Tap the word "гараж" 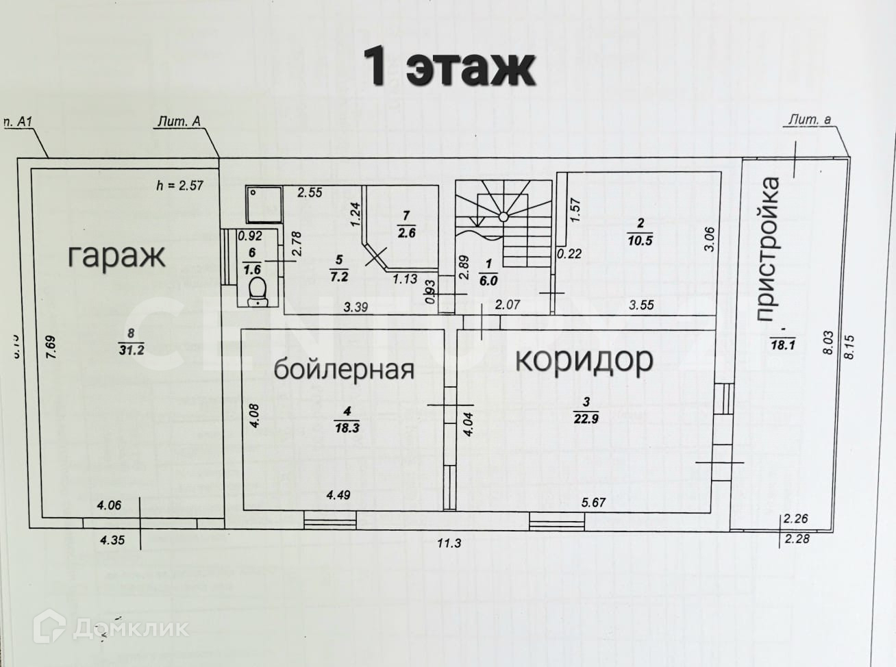[x=116, y=256]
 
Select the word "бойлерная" [x=344, y=369]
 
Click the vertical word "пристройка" [x=769, y=249]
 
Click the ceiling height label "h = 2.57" [x=179, y=185]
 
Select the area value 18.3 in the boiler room [x=347, y=427]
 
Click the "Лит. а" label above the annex [x=810, y=120]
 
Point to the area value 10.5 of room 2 [x=641, y=238]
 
